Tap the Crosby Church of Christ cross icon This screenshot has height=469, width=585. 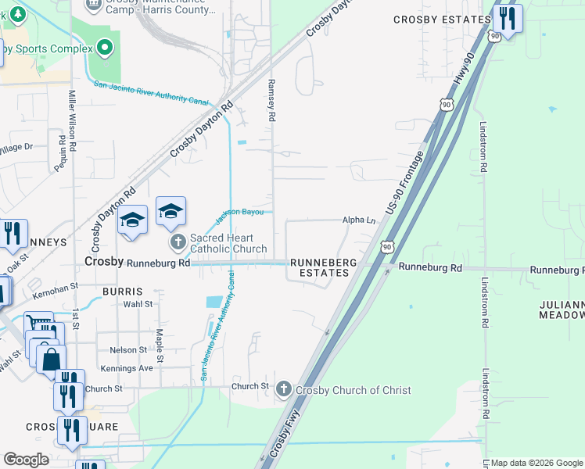point(284,388)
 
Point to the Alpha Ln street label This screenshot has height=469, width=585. point(359,220)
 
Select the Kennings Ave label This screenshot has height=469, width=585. point(126,367)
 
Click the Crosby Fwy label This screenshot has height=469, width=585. point(286,442)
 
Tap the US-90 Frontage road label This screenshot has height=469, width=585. point(404,184)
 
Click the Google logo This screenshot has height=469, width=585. point(26,460)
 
